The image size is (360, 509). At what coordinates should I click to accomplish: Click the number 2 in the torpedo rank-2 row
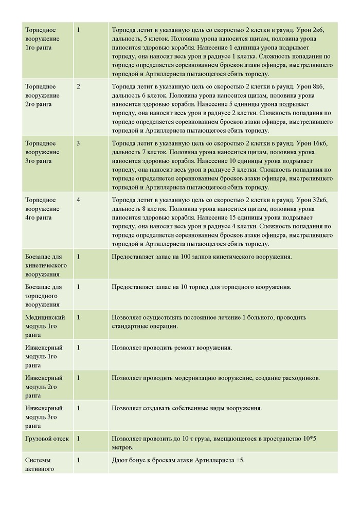tap(78, 86)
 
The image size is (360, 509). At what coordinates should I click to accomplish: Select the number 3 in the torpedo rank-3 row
tap(78, 143)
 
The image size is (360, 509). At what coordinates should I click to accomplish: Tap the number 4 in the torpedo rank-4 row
tap(78, 199)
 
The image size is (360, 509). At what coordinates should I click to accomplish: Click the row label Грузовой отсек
tap(47, 439)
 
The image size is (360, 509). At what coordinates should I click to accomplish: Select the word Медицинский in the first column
tap(44, 317)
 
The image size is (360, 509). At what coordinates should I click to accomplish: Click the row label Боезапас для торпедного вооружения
tap(44, 296)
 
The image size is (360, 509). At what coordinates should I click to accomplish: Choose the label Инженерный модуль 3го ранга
tap(44, 417)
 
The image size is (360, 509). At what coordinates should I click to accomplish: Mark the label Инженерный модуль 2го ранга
tap(44, 387)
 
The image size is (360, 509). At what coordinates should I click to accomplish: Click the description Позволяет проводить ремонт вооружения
tap(172, 348)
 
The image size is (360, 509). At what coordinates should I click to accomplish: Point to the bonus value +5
tap(240, 460)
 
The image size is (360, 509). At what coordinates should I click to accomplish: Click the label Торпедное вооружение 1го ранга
tap(42, 39)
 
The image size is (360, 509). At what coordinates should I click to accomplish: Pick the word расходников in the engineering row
tap(299, 378)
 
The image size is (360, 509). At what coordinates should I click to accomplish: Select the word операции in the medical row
tap(163, 326)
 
